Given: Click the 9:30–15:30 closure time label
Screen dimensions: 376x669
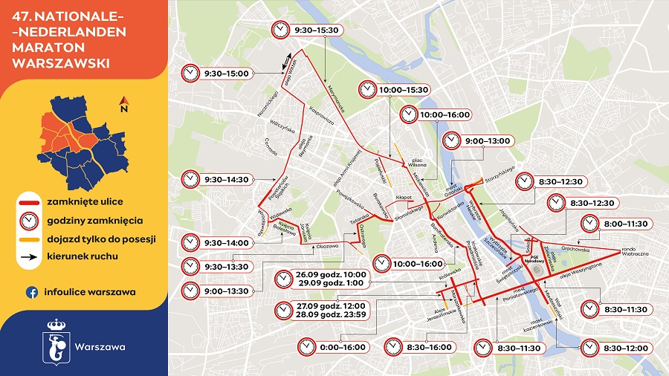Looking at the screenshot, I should (x=317, y=30).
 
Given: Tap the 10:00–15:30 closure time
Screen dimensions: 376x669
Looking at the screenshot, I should (x=404, y=89).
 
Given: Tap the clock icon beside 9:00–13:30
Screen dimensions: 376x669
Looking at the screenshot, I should (x=191, y=291).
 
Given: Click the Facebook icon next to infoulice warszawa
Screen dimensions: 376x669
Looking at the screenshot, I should (x=32, y=292).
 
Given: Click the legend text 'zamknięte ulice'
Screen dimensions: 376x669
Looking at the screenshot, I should (x=83, y=201).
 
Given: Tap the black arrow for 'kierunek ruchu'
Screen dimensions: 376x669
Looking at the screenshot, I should (x=29, y=257).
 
